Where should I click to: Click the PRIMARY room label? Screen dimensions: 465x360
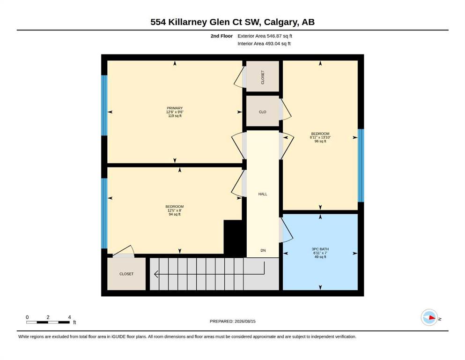coord(175,108)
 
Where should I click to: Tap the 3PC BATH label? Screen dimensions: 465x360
coord(320,249)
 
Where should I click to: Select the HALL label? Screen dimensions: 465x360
coord(263,194)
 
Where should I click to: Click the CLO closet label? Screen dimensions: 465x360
coord(262,112)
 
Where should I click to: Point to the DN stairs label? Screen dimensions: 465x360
coord(263,250)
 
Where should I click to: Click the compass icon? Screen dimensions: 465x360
coord(429,317)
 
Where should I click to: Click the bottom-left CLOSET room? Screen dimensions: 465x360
coord(126,274)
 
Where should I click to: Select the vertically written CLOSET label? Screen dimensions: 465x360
coord(262,77)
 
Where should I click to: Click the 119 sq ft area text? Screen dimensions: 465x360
coord(175,116)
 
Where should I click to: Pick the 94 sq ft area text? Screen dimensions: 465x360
coord(175,214)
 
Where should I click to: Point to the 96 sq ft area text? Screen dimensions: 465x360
coord(320,141)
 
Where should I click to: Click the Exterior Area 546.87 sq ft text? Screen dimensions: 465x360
coord(265,36)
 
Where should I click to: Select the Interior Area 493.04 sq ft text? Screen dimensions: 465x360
coord(264,44)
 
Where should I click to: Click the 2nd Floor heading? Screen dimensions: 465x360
coord(221,36)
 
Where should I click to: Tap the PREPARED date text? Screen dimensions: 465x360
coord(232,321)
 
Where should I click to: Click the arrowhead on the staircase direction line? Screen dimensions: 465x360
coord(155,274)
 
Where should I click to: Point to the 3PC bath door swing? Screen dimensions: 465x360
coord(287,230)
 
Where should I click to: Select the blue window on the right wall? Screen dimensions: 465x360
coord(361,165)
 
